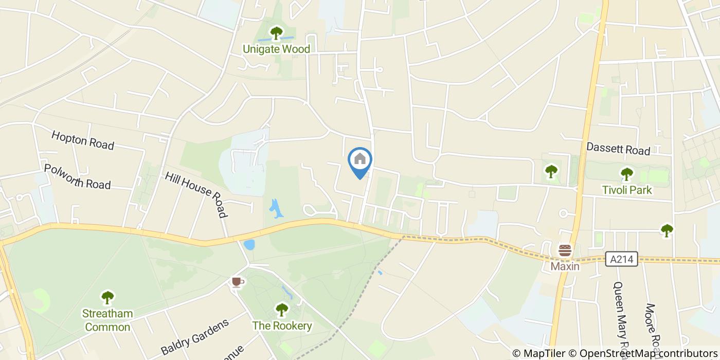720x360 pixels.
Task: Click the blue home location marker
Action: pyautogui.click(x=360, y=160)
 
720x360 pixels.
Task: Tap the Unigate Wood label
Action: pyautogui.click(x=276, y=49)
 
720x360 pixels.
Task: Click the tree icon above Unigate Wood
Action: pyautogui.click(x=276, y=33)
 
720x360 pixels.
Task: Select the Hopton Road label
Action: pyautogui.click(x=82, y=140)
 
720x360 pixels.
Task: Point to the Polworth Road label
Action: pyautogui.click(x=77, y=176)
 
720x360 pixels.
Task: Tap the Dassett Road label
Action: pyautogui.click(x=618, y=150)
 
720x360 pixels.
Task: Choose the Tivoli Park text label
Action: pyautogui.click(x=626, y=190)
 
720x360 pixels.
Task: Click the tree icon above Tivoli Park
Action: pyautogui.click(x=626, y=174)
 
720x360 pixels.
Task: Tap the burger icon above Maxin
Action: pyautogui.click(x=565, y=251)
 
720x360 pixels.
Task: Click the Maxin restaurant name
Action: pyautogui.click(x=565, y=266)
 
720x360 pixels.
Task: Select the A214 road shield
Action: pyautogui.click(x=621, y=259)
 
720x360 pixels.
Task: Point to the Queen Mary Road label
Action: pyautogui.click(x=620, y=314)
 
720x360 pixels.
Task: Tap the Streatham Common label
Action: pyautogui.click(x=107, y=320)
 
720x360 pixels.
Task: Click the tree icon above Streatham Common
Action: pyautogui.click(x=107, y=297)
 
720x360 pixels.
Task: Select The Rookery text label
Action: pyautogui.click(x=281, y=326)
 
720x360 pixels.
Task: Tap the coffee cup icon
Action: pyautogui.click(x=237, y=282)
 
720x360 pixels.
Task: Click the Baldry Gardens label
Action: pyautogui.click(x=194, y=337)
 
